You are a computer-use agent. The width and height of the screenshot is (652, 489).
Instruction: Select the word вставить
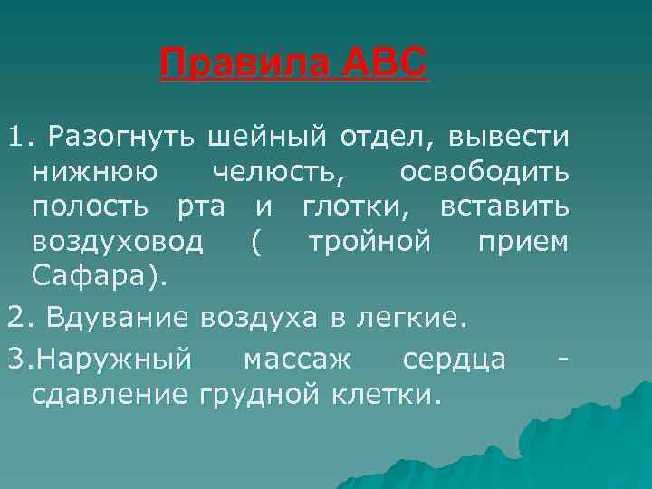(504, 207)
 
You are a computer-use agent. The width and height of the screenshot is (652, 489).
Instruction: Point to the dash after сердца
(564, 361)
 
